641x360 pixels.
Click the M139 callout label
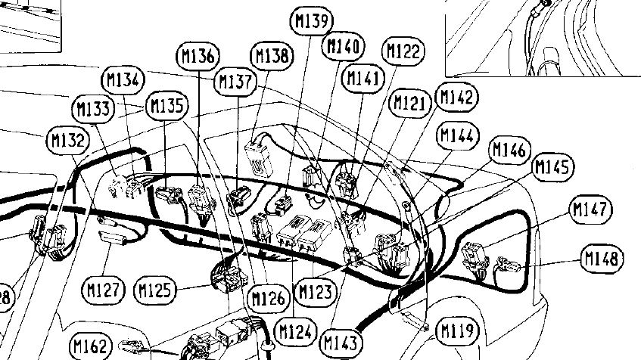tap(312, 20)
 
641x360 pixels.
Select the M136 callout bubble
tap(198, 55)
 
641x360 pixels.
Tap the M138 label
tap(272, 55)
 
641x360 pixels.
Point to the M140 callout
tap(344, 46)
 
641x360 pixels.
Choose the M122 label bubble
tap(403, 51)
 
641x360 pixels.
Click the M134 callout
tap(123, 80)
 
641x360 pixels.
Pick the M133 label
tap(93, 109)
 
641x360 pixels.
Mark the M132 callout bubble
tap(68, 140)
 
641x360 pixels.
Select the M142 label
tap(457, 98)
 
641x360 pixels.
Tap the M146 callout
tap(509, 150)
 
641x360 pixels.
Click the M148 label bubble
tap(602, 258)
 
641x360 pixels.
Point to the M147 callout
tap(591, 209)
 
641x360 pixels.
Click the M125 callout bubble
tap(155, 290)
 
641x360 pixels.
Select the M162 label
tap(91, 346)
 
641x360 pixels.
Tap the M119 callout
tap(458, 331)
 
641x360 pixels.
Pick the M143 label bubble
tap(341, 343)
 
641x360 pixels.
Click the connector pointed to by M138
tap(258, 159)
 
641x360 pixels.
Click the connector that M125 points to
tap(229, 278)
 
